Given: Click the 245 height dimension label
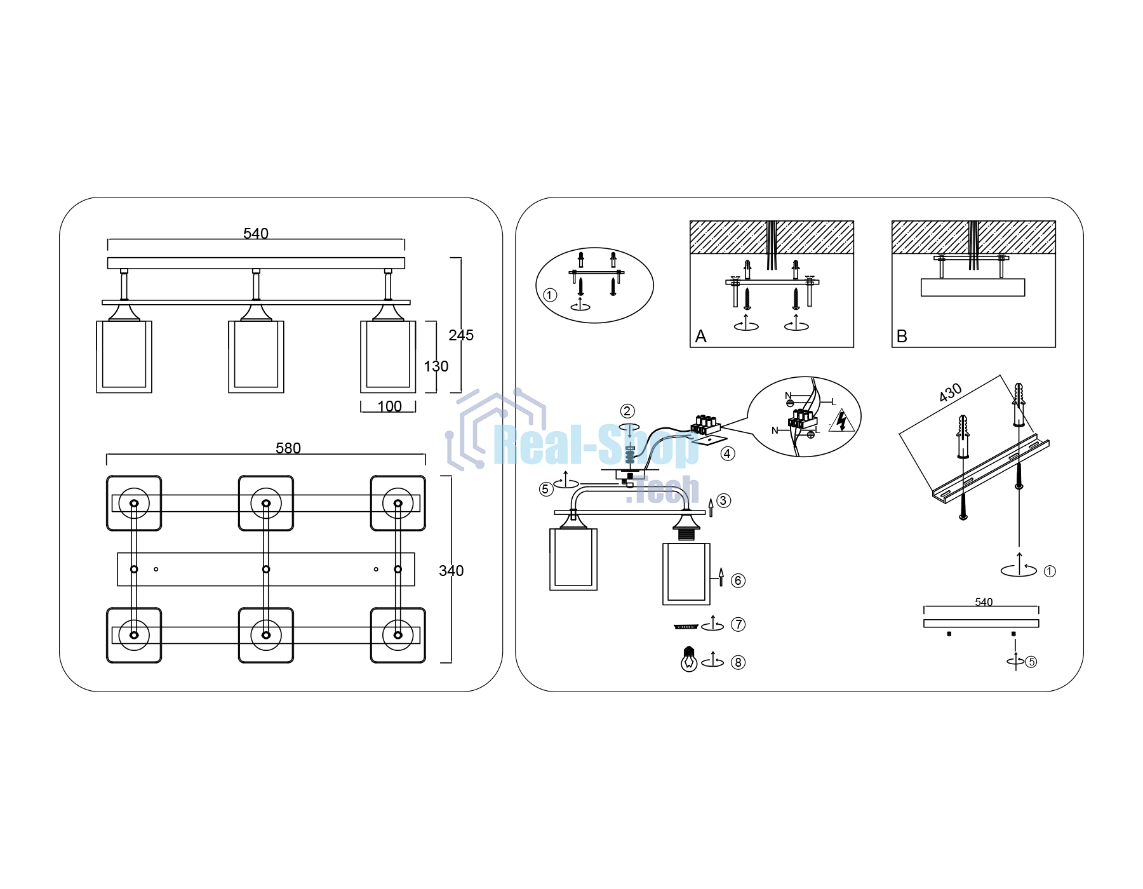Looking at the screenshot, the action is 461,335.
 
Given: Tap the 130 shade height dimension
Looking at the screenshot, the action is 436,366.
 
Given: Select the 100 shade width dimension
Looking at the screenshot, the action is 389,406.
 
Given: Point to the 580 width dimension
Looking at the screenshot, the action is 288,448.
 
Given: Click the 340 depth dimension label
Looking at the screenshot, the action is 451,571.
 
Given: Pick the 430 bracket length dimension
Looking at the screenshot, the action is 951,393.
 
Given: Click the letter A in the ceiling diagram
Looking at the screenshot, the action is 700,337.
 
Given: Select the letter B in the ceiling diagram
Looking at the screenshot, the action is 902,337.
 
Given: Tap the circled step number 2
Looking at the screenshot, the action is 627,411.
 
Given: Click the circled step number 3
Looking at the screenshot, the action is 723,500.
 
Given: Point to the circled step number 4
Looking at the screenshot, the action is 728,453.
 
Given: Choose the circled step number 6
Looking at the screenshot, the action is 738,580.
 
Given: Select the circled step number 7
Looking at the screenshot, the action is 738,624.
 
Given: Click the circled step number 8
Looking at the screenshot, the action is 738,662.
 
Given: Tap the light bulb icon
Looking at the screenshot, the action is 689,659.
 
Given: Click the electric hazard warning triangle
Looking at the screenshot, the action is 842,420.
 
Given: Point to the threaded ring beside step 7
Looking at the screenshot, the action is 686,627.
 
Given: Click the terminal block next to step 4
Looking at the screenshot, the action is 705,425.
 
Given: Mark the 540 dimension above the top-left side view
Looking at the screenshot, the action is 256,234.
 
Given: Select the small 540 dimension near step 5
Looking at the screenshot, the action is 984,602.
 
